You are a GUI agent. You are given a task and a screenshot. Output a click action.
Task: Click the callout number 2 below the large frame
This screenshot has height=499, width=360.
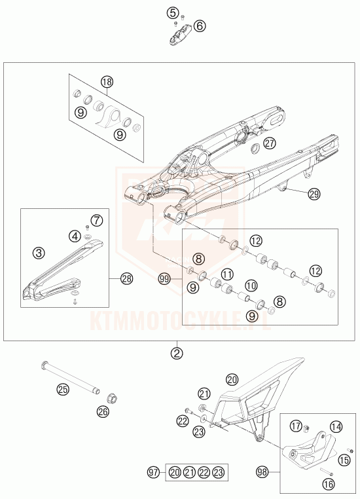click(177, 353)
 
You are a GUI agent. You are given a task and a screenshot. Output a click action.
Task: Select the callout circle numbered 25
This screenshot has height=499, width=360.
click(63, 389)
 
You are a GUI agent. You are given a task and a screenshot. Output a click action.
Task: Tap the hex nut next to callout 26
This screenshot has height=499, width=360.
click(111, 398)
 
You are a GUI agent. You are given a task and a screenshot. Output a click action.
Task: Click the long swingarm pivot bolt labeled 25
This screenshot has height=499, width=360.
click(70, 378)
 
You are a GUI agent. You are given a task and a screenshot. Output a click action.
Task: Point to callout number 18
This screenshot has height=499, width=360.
click(107, 82)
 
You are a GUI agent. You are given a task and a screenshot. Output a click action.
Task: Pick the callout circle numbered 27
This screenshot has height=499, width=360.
click(270, 143)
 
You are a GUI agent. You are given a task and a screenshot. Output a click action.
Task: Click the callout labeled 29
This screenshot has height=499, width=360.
click(314, 194)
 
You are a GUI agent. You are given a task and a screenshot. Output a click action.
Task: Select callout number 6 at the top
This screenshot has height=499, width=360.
click(200, 26)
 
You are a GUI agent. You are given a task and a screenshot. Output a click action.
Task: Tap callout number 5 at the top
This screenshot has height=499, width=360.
click(173, 13)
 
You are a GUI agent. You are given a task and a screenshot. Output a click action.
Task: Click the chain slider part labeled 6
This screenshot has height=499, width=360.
click(179, 35)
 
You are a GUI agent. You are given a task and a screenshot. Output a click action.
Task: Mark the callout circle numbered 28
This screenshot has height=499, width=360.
click(126, 279)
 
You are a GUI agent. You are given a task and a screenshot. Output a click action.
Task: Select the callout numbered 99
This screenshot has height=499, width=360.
click(164, 279)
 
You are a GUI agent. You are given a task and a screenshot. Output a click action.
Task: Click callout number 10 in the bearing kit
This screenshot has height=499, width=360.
click(251, 286)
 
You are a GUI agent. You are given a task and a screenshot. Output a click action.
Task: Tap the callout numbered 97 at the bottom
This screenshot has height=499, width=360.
click(154, 472)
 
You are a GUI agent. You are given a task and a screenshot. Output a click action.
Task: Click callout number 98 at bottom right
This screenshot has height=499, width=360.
click(263, 472)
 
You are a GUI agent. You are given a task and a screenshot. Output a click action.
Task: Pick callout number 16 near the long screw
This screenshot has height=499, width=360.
click(329, 484)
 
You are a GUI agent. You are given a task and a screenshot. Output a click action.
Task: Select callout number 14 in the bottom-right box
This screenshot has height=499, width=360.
click(336, 426)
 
